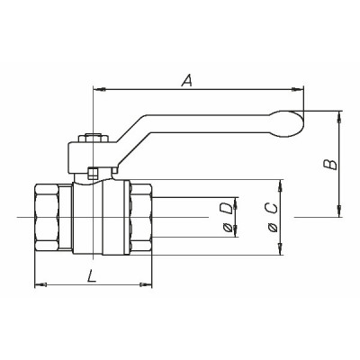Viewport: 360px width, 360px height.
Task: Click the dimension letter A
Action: point(187,80)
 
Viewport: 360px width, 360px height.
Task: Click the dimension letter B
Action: point(330,163)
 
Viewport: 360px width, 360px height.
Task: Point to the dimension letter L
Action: point(93,276)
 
